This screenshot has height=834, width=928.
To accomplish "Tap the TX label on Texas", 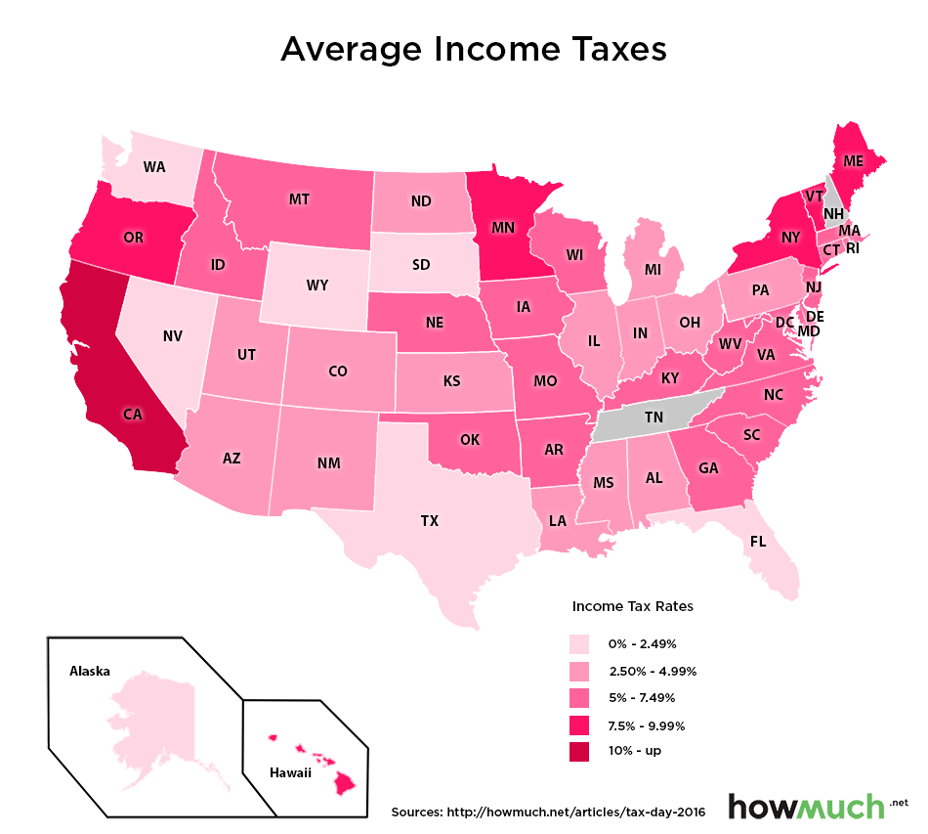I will coord(430,521).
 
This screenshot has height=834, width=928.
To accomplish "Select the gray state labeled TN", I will coord(654,417).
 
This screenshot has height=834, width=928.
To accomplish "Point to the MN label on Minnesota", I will coord(503,228).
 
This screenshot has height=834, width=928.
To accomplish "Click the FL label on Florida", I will coord(758,541).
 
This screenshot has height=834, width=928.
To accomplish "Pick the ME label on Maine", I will coord(853,160).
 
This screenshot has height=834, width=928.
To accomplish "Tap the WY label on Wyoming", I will coord(316,286).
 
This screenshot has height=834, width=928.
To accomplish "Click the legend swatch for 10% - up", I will coord(580,751).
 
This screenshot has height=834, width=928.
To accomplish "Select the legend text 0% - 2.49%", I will coord(642,644).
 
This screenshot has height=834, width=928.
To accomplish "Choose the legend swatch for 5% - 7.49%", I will coord(580,698).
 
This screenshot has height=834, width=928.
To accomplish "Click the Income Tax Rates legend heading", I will coord(632,606).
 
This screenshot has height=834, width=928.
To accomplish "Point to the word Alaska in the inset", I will coord(90,672).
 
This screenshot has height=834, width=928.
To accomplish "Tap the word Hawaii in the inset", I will coord(290,773).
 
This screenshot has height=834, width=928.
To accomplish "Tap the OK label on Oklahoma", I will coord(469,439).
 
